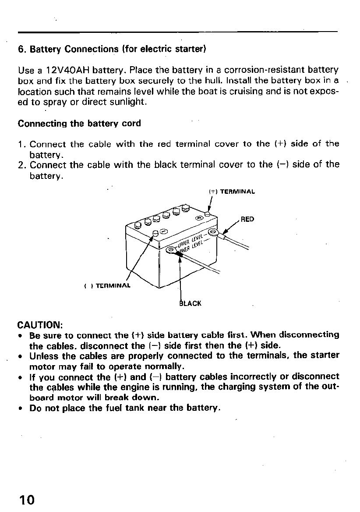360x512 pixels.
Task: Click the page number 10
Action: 27,499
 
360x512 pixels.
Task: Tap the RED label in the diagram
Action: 247,219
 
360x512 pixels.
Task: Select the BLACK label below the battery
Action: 191,303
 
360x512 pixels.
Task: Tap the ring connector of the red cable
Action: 213,231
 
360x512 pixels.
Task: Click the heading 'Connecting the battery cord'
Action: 79,124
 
